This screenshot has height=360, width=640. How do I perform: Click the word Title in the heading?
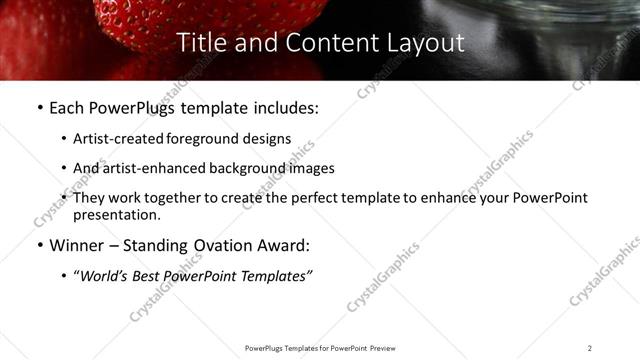click(x=198, y=43)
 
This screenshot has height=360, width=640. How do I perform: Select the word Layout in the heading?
click(x=427, y=43)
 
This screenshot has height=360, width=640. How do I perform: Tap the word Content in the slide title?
click(x=320, y=43)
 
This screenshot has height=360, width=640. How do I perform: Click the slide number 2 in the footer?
click(x=590, y=348)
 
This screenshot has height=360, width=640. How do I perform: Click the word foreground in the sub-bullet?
click(x=204, y=140)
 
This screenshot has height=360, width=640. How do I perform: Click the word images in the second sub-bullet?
click(x=311, y=168)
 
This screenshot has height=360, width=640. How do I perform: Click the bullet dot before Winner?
click(x=39, y=246)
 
